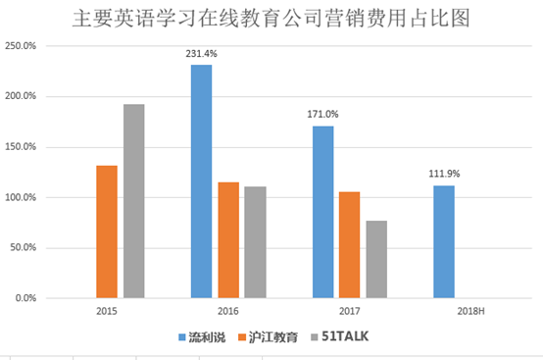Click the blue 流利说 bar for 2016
(201, 181)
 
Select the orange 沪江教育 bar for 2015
(107, 231)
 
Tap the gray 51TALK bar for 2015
(133, 201)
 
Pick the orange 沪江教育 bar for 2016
(227, 239)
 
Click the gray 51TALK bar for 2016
(255, 242)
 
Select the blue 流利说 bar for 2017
(322, 212)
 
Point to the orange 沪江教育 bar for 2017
(349, 244)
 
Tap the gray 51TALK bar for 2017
(376, 259)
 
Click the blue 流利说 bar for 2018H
(443, 241)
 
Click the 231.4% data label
(201, 54)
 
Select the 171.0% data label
(322, 115)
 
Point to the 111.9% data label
(443, 175)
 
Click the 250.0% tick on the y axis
(21, 46)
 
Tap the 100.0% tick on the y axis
(21, 197)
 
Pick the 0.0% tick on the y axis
(25, 298)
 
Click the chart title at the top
(271, 18)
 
